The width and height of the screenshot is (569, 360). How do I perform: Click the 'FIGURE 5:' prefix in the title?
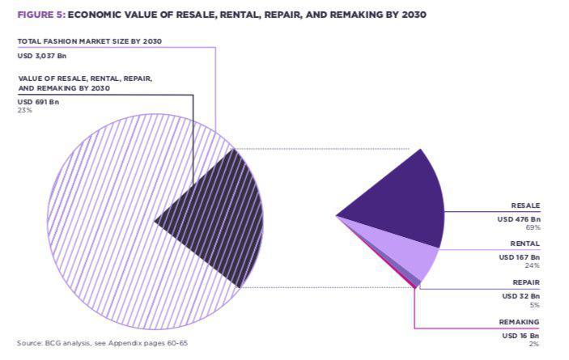pyautogui.click(x=40, y=15)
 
